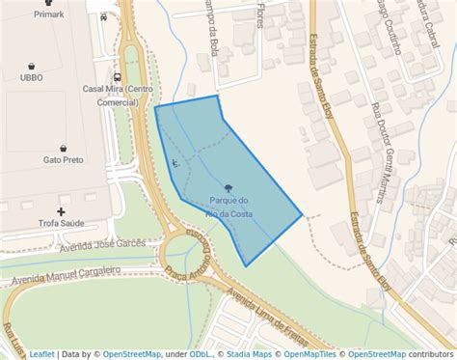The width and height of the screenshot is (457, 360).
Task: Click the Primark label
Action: pyautogui.click(x=48, y=14)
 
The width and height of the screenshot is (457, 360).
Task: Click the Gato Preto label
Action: pyautogui.click(x=63, y=160)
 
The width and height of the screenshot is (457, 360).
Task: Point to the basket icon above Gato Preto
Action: pyautogui.click(x=63, y=148)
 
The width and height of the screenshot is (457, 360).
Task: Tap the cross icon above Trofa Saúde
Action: pyautogui.click(x=62, y=210)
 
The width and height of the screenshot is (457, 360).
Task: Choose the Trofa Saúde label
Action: pyautogui.click(x=62, y=224)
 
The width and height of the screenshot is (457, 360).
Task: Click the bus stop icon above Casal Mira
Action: pyautogui.click(x=117, y=76)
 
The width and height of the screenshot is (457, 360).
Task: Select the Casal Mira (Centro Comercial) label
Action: pyautogui.click(x=117, y=95)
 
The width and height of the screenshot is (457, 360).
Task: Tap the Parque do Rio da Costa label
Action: pyautogui.click(x=229, y=206)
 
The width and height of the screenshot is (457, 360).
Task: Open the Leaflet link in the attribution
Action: pyautogui.click(x=41, y=354)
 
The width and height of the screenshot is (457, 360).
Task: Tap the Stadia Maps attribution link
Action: pyautogui.click(x=249, y=354)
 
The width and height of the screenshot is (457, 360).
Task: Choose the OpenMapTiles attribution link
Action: pyautogui.click(x=311, y=354)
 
